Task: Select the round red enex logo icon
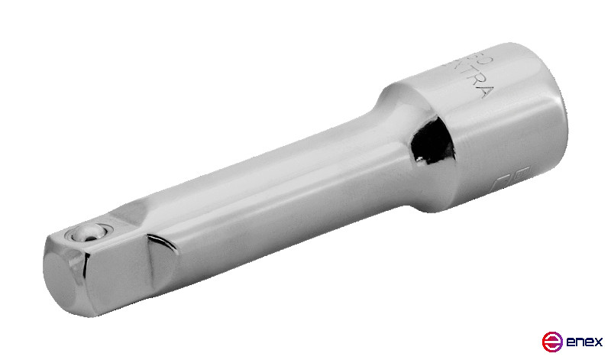551,341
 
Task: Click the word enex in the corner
585,341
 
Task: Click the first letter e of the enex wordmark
570,341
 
